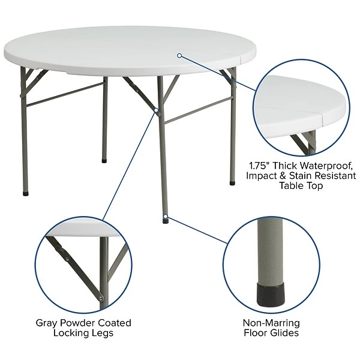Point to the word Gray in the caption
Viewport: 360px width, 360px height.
click(x=47, y=323)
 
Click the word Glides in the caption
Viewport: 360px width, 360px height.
click(x=284, y=334)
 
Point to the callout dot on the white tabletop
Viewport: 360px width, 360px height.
click(x=179, y=55)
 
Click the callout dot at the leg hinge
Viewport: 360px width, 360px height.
click(x=158, y=110)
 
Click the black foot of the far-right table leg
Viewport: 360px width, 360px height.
click(x=232, y=182)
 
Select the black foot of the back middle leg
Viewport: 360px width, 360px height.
click(x=104, y=161)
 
